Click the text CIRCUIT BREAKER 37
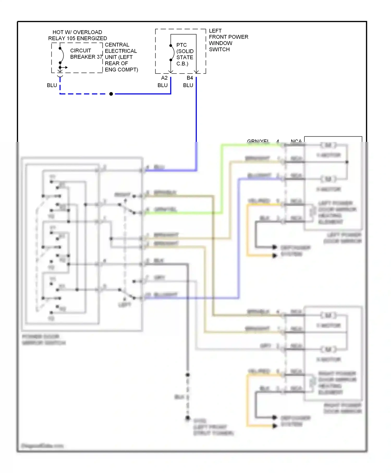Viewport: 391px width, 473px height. pyautogui.click(x=86, y=54)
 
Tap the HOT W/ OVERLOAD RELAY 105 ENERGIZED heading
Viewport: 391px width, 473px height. pyautogui.click(x=77, y=35)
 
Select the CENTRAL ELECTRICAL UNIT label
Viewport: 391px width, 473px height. pyautogui.click(x=121, y=57)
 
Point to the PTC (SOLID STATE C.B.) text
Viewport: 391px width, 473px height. pyautogui.click(x=185, y=54)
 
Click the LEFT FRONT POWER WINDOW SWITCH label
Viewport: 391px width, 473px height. pyautogui.click(x=228, y=40)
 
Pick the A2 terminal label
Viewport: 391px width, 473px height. pyautogui.click(x=164, y=78)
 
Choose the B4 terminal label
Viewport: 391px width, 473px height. pyautogui.click(x=190, y=78)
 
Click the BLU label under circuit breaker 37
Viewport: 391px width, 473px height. pyautogui.click(x=52, y=85)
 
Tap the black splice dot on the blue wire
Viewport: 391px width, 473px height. pyautogui.click(x=111, y=94)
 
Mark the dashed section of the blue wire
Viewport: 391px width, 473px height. pyautogui.click(x=83, y=94)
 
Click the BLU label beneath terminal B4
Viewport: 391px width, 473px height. pyautogui.click(x=188, y=85)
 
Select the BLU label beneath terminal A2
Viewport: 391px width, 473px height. pyautogui.click(x=162, y=85)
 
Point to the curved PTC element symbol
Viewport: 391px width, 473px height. pyautogui.click(x=173, y=53)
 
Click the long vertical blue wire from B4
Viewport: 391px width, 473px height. pyautogui.click(x=196, y=117)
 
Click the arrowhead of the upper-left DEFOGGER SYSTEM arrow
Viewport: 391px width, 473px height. pyautogui.click(x=274, y=247)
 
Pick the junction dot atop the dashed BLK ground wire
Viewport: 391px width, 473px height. pyautogui.click(x=188, y=375)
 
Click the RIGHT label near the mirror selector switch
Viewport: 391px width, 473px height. pyautogui.click(x=123, y=195)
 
